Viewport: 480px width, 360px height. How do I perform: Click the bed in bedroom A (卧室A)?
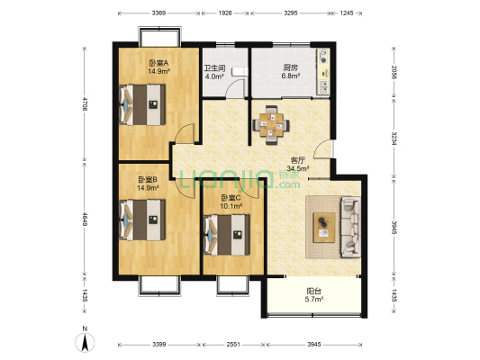142,104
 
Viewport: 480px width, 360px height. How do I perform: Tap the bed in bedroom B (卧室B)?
142,220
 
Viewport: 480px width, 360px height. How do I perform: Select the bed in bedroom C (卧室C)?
227,235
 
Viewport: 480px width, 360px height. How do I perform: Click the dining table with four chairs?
271,125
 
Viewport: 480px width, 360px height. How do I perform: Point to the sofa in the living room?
350,227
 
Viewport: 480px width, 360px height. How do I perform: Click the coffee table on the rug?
324,228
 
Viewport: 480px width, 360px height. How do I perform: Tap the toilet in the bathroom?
240,71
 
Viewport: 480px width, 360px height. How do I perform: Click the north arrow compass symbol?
85,340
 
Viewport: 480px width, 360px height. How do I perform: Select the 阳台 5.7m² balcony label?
314,295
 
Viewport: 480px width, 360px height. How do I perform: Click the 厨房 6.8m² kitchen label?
291,71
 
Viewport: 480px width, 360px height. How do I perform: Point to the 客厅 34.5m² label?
298,164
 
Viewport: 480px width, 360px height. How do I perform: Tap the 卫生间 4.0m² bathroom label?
214,72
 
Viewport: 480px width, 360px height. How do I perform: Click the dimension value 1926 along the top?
225,13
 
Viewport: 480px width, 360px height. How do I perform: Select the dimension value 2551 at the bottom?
233,345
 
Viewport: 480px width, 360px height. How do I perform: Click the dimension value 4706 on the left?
85,103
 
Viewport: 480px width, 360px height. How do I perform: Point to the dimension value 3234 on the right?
394,139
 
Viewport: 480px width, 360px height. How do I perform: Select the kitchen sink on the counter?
323,86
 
